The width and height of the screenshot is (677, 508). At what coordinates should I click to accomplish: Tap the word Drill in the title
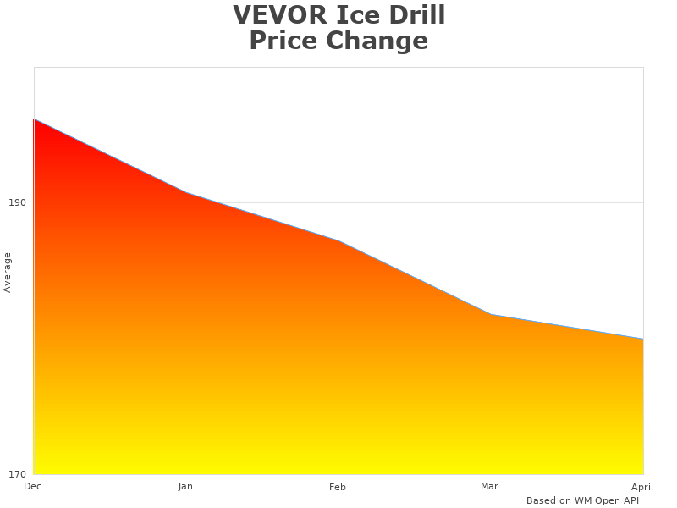coord(416,15)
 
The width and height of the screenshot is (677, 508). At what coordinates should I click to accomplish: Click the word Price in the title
coord(286,41)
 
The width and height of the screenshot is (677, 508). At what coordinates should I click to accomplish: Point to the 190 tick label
coord(17,202)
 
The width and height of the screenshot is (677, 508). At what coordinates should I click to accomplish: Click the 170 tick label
coord(17,473)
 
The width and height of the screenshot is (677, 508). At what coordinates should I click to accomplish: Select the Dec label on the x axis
coord(32,486)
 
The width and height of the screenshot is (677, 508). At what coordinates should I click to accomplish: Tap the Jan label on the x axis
coord(185,486)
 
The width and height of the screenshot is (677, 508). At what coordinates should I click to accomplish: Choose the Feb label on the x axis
coord(338,487)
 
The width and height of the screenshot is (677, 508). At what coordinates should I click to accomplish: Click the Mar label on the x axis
coord(489,486)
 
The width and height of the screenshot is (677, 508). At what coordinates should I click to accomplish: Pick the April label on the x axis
coord(642,487)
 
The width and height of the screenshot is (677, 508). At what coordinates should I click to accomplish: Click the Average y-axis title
coord(8,272)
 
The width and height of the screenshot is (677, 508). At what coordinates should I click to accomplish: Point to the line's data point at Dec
coord(34,119)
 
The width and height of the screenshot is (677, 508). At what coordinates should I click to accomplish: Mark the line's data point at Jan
coord(186,192)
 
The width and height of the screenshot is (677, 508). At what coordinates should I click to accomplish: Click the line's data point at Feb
coord(338,240)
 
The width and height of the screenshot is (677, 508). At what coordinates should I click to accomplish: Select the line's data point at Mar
coord(491,314)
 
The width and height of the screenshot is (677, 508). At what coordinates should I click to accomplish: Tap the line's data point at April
coord(643,339)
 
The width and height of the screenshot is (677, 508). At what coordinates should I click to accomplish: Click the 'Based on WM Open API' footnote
coord(582,500)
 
